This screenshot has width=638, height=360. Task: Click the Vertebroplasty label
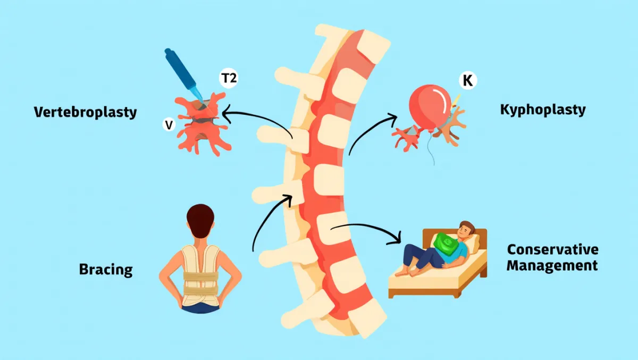(86, 112)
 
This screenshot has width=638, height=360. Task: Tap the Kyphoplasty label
(543, 110)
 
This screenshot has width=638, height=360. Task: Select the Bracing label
(106, 269)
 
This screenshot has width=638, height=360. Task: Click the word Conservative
(552, 249)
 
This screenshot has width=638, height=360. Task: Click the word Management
(552, 265)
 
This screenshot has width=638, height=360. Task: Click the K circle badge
(468, 81)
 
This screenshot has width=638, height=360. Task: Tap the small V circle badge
(169, 125)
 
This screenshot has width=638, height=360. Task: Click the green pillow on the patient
(446, 245)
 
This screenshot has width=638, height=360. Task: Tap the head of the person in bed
(465, 231)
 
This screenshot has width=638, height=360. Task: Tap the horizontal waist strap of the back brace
(200, 277)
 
